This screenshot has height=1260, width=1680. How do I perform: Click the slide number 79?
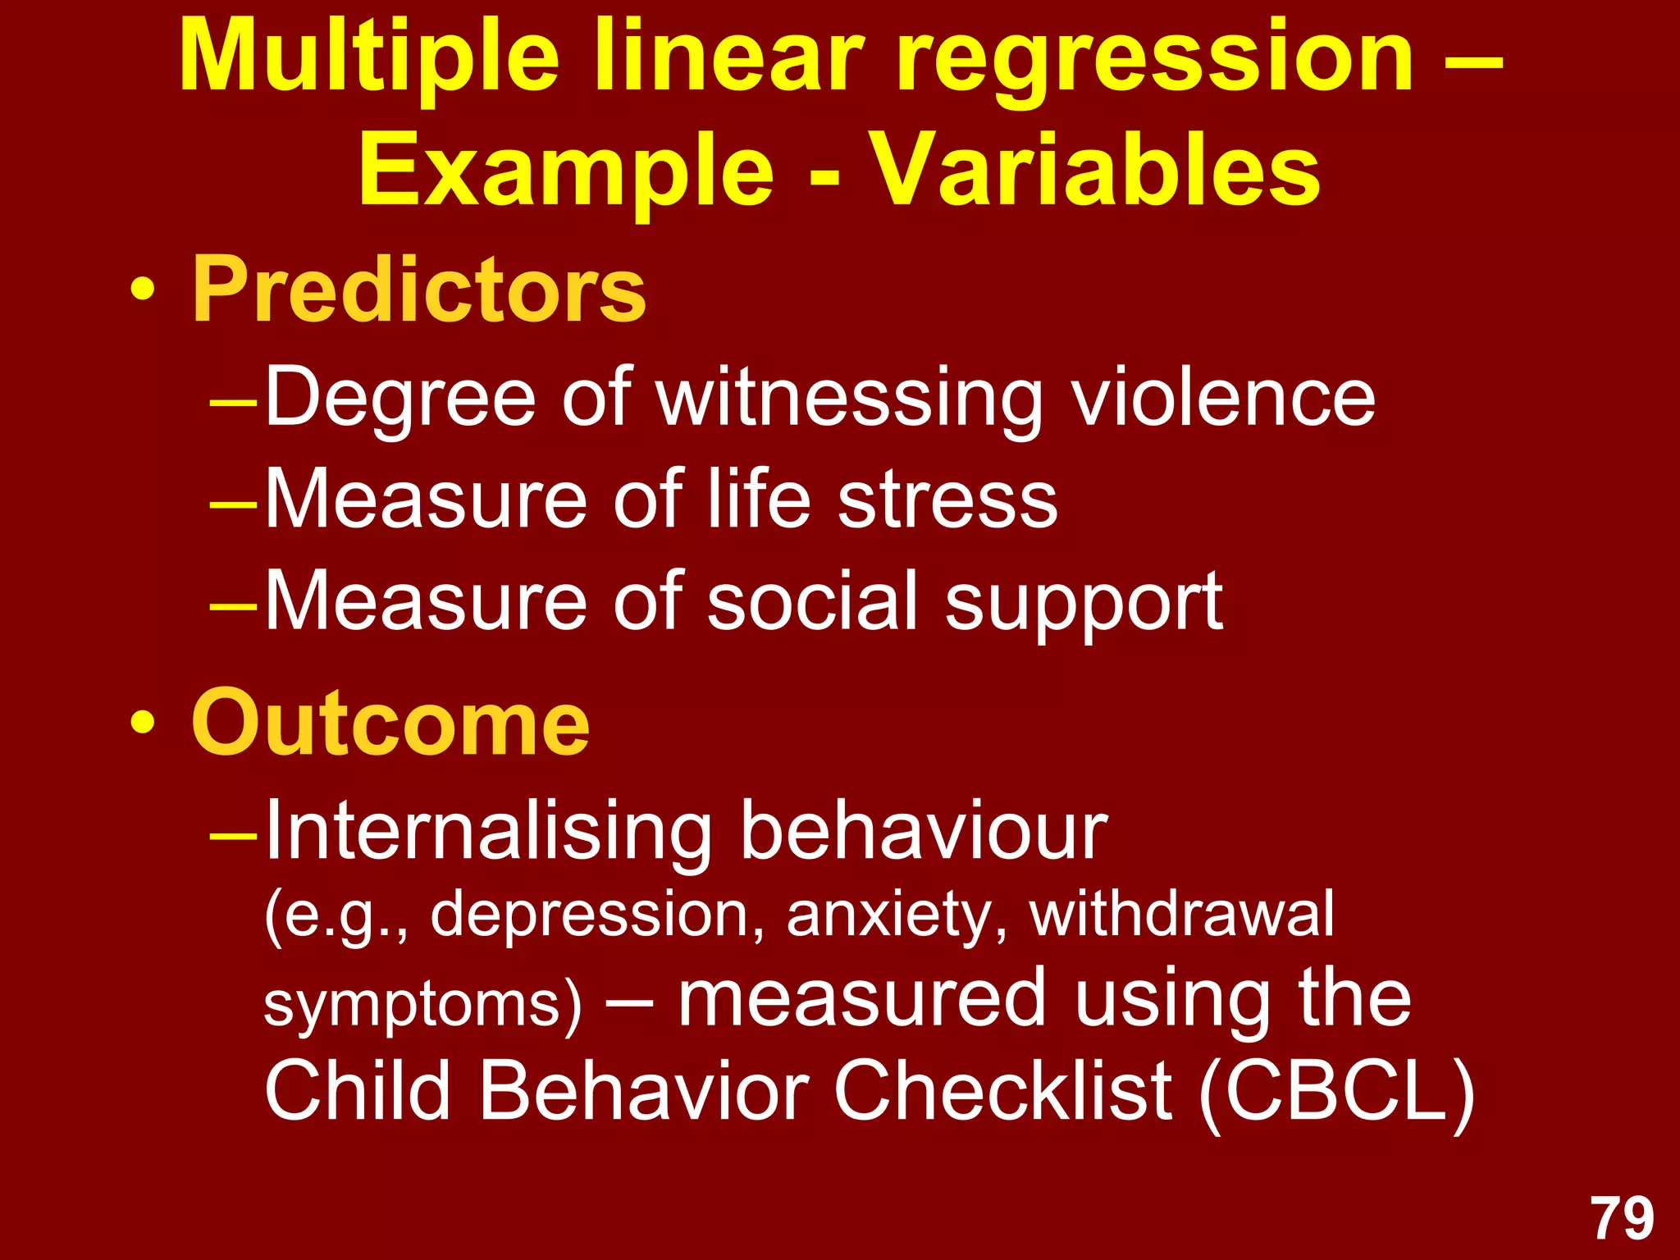pyautogui.click(x=1622, y=1219)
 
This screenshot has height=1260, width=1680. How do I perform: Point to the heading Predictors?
pyautogui.click(x=418, y=290)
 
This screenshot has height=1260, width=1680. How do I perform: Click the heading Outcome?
pyautogui.click(x=390, y=724)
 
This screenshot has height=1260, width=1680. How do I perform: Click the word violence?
pyautogui.click(x=1224, y=398)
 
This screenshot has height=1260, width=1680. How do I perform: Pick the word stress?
pyautogui.click(x=947, y=500)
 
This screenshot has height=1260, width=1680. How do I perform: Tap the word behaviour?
pyautogui.click(x=924, y=831)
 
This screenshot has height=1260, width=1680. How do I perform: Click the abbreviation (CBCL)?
pyautogui.click(x=1337, y=1091)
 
